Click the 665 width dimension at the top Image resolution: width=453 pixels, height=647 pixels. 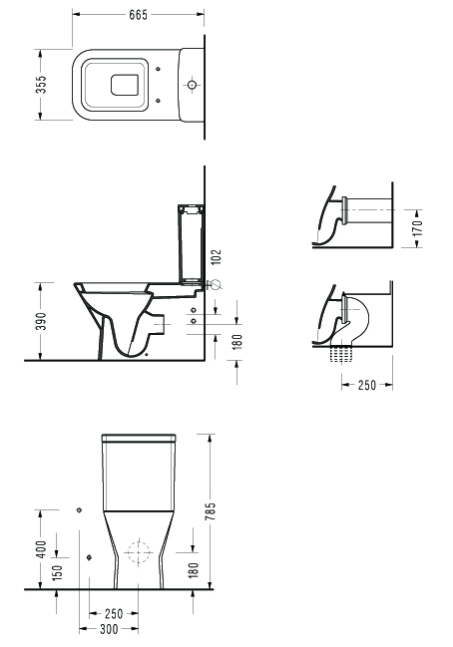138,14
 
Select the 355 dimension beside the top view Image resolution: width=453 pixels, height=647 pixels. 41,85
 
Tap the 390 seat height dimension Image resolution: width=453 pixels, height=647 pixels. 41,321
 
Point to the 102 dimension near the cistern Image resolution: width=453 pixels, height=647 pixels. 216,256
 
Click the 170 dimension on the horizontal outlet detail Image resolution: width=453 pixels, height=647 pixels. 418,228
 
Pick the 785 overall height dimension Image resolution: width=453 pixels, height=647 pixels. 211,510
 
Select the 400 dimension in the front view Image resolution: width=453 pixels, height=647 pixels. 42,549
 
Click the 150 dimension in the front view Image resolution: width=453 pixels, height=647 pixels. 57,572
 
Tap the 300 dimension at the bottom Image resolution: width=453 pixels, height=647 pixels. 109,629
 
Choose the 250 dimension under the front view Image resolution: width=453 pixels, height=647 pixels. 114,614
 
